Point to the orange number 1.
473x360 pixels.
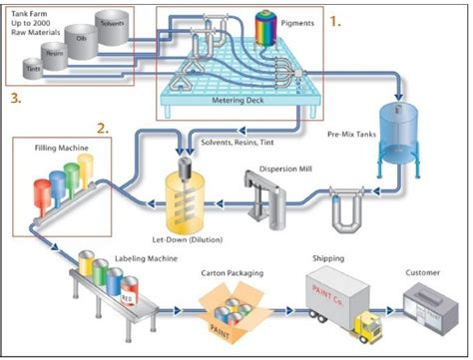pyautogui.click(x=336, y=19)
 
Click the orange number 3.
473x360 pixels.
pyautogui.click(x=16, y=98)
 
